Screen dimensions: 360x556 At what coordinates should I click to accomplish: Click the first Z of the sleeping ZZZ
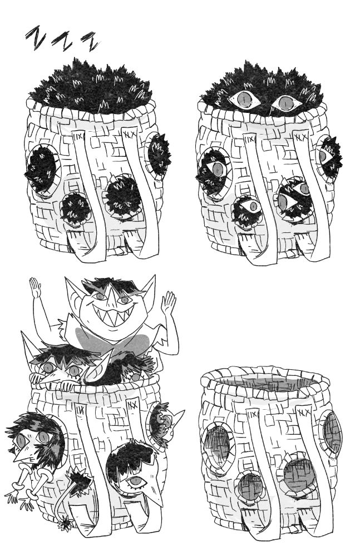[36, 37]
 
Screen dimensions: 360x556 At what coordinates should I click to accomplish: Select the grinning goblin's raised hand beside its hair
[35, 287]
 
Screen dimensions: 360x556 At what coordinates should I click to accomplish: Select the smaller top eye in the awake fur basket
[286, 103]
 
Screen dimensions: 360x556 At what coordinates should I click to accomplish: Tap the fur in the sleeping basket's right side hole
[159, 154]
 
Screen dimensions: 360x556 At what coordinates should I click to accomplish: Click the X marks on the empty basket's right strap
[304, 413]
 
